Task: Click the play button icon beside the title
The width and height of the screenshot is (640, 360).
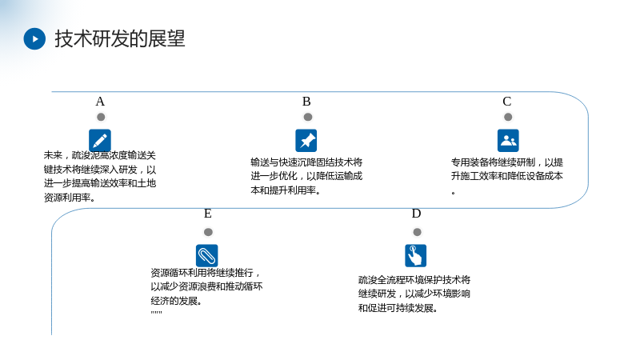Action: click(x=34, y=38)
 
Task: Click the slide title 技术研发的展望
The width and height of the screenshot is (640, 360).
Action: click(x=120, y=38)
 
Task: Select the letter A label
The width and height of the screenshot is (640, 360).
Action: click(x=100, y=102)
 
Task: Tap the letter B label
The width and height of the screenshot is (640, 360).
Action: click(x=306, y=102)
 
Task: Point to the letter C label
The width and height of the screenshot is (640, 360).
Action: click(x=507, y=102)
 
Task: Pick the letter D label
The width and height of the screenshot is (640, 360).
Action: click(x=416, y=214)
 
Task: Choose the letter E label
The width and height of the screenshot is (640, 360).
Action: click(x=208, y=214)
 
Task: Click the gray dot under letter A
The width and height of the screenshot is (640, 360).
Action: click(x=101, y=117)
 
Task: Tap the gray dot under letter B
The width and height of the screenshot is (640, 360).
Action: click(x=308, y=117)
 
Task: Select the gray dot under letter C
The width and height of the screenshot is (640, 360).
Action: click(x=508, y=117)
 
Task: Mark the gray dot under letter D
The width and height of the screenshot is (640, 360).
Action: click(x=417, y=232)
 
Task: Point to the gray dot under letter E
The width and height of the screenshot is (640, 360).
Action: click(x=208, y=232)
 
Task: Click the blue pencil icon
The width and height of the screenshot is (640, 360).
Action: click(x=100, y=141)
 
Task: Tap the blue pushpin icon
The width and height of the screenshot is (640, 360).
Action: click(x=306, y=141)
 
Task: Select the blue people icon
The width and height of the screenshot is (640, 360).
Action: click(x=508, y=141)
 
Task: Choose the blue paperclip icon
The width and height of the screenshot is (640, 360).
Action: click(x=207, y=255)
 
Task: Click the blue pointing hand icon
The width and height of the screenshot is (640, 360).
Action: click(x=415, y=255)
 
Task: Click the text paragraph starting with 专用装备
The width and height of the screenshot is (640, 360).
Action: click(x=507, y=176)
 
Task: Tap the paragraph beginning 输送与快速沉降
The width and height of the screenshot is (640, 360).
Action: click(x=306, y=176)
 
